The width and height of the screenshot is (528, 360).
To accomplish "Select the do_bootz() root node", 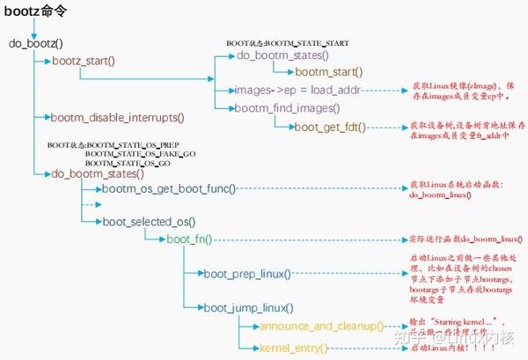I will tap(40, 43).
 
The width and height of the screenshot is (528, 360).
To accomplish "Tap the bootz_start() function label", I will tap(84, 61).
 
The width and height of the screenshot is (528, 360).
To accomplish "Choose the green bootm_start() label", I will tap(328, 71).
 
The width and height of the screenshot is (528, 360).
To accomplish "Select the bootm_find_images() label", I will tap(287, 108).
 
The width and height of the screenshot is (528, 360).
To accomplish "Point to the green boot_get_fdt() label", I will tap(330, 127).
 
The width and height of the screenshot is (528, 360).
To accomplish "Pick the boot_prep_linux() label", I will tap(247, 275).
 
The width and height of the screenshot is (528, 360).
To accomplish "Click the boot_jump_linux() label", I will tap(247, 307).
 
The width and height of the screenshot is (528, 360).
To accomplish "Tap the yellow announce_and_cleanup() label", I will tap(321, 327).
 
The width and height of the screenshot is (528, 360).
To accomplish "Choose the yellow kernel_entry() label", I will tap(293, 349).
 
